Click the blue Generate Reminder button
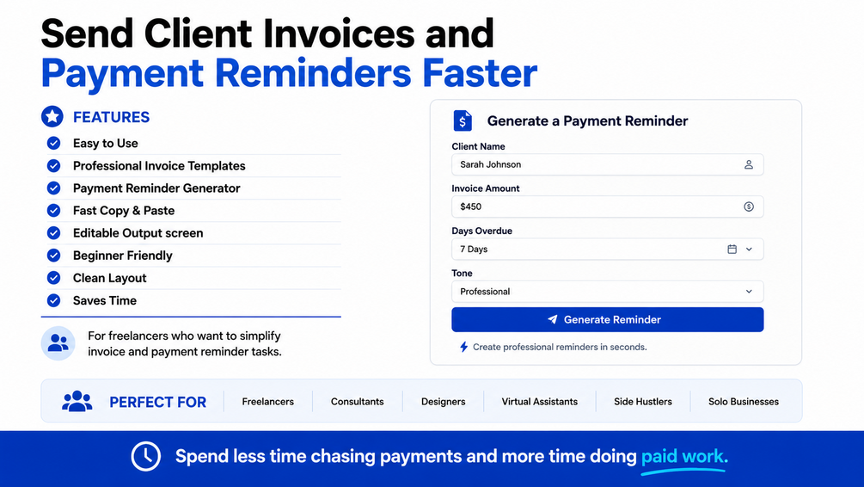tap(607, 319)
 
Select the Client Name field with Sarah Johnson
tap(607, 164)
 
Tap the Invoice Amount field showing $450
tap(607, 207)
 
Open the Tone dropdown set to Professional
tap(607, 291)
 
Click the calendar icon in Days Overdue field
tap(732, 250)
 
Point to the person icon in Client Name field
tap(748, 164)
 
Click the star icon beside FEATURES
tap(52, 116)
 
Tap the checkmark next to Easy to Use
tap(53, 144)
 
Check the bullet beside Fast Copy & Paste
tap(53, 211)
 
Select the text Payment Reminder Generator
tap(156, 188)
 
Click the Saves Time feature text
tap(105, 300)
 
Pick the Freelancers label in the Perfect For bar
tap(267, 402)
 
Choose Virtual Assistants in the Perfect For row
tap(539, 402)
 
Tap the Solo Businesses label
tap(744, 402)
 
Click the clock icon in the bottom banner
tap(146, 456)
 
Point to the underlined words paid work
tap(684, 457)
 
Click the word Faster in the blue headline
tap(480, 73)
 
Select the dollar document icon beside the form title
tap(463, 120)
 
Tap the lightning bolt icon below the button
tap(464, 347)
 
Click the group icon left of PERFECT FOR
tap(77, 401)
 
